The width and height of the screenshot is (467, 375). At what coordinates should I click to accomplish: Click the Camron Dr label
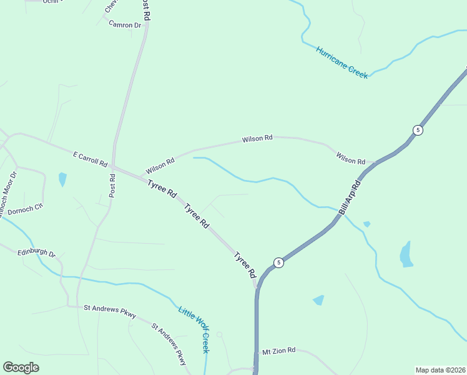[125, 25]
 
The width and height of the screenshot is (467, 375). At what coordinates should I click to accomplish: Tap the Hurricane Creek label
[342, 62]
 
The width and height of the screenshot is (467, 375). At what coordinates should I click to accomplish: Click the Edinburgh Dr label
[37, 254]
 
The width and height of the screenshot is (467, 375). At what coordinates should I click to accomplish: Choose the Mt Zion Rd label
[278, 351]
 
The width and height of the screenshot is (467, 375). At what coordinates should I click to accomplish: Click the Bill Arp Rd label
[350, 197]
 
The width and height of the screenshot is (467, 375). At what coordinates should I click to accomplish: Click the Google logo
[21, 367]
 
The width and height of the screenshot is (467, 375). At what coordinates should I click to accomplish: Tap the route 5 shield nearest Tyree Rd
[279, 262]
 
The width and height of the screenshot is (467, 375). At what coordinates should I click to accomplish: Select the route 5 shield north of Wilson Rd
[418, 130]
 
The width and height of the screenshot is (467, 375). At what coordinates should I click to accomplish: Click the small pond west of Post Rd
[62, 179]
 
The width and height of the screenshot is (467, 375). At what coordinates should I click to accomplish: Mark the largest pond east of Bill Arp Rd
[406, 254]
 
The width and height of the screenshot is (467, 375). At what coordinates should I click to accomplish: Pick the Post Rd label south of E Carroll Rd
[112, 186]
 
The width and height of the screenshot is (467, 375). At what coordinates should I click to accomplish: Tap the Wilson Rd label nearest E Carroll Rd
[160, 166]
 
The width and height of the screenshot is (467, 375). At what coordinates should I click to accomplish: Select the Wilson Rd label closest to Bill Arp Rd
[350, 157]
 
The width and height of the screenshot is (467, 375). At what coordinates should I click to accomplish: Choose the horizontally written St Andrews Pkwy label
[110, 307]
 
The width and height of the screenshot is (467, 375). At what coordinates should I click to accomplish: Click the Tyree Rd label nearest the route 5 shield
[245, 265]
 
